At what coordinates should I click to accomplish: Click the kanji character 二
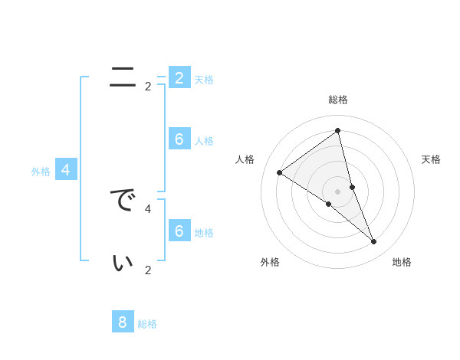pyautogui.click(x=123, y=77)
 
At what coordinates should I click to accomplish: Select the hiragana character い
pyautogui.click(x=123, y=263)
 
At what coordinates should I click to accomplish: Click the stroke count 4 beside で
pyautogui.click(x=148, y=208)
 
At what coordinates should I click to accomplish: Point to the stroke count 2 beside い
pyautogui.click(x=148, y=270)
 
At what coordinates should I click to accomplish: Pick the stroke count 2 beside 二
pyautogui.click(x=148, y=87)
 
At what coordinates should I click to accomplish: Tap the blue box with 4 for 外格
pyautogui.click(x=66, y=170)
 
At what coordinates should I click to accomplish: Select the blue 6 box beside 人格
pyautogui.click(x=179, y=139)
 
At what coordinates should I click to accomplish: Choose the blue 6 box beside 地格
pyautogui.click(x=179, y=231)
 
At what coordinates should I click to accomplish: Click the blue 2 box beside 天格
pyautogui.click(x=179, y=77)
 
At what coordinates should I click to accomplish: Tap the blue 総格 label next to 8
pyautogui.click(x=147, y=324)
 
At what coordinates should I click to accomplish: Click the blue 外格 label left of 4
pyautogui.click(x=41, y=172)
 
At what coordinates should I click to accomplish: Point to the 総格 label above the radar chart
pyautogui.click(x=337, y=100)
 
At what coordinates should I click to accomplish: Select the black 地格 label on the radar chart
pyautogui.click(x=402, y=262)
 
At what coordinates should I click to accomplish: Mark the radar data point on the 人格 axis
pyautogui.click(x=279, y=172)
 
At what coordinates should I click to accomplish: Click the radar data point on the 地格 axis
pyautogui.click(x=374, y=242)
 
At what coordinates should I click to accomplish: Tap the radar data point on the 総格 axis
pyautogui.click(x=337, y=130)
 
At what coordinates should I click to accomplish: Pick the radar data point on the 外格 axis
pyautogui.click(x=328, y=204)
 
